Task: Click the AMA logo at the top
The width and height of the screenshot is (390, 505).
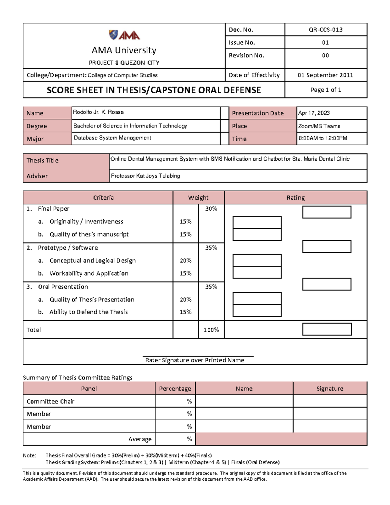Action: pyautogui.click(x=124, y=35)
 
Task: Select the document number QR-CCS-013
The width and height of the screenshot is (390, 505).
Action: pyautogui.click(x=325, y=30)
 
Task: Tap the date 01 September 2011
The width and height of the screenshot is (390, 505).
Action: pyautogui.click(x=325, y=75)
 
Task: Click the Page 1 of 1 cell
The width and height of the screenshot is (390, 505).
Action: pyautogui.click(x=326, y=90)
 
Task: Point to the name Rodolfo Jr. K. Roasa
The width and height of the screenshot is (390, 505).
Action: pyautogui.click(x=98, y=112)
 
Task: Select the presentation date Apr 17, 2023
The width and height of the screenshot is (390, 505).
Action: pyautogui.click(x=314, y=113)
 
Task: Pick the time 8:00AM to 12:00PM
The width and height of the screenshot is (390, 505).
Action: pyautogui.click(x=322, y=138)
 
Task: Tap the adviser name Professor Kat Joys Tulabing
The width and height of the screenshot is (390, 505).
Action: pyautogui.click(x=145, y=176)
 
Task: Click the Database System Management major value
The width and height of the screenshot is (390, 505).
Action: pyautogui.click(x=112, y=138)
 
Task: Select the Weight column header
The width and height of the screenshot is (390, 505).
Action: pyautogui.click(x=198, y=197)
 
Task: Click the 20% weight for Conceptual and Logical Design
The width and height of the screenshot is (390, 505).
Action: pyautogui.click(x=186, y=260)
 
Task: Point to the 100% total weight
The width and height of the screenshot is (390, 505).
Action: pyautogui.click(x=211, y=330)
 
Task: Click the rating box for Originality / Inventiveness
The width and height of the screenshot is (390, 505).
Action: pyautogui.click(x=257, y=222)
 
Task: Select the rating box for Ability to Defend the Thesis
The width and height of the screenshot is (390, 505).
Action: pyautogui.click(x=257, y=311)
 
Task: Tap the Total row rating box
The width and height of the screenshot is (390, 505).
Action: pyautogui.click(x=327, y=329)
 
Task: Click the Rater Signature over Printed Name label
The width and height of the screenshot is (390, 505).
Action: pyautogui.click(x=194, y=360)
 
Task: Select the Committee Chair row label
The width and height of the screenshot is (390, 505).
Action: pyautogui.click(x=50, y=401)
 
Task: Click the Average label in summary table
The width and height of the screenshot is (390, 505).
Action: pyautogui.click(x=140, y=439)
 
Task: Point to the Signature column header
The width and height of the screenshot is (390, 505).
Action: pyautogui.click(x=330, y=389)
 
